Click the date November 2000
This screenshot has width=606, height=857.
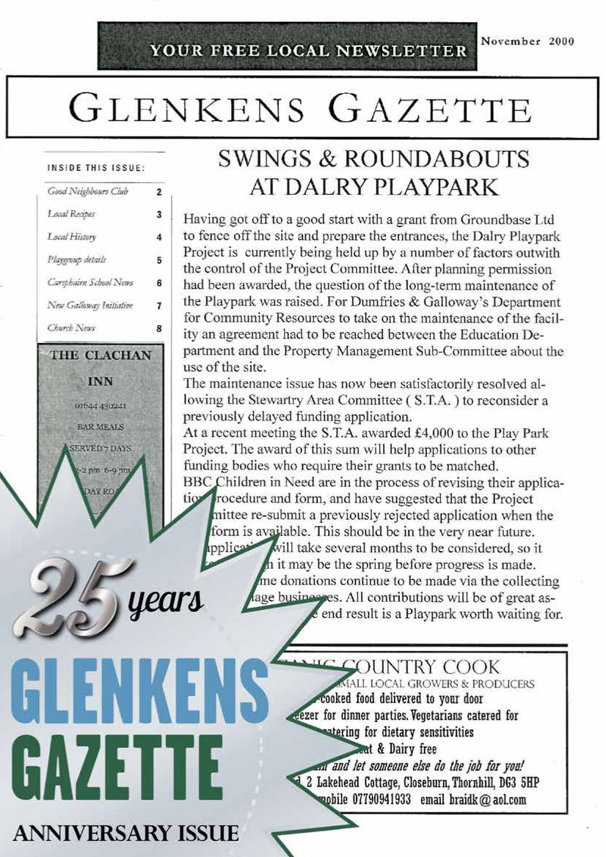[526, 41]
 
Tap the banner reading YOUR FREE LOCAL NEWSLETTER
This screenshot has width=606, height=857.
[308, 51]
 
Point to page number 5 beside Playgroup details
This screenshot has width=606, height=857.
[158, 260]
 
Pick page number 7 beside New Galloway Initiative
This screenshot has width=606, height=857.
[158, 306]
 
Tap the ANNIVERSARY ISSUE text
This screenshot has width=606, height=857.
[126, 834]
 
